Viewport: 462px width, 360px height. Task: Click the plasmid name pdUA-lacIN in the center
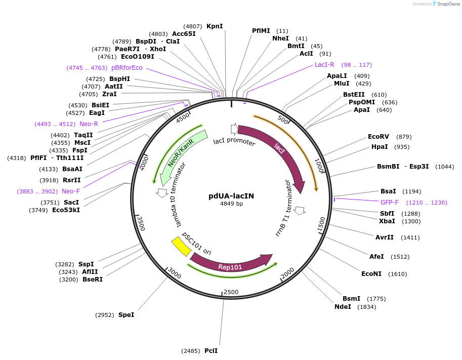pyautogui.click(x=231, y=196)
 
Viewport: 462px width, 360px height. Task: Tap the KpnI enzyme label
pyautogui.click(x=215, y=26)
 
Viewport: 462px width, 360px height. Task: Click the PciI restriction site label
pyautogui.click(x=211, y=350)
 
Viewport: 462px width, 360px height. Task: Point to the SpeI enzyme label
pyautogui.click(x=126, y=315)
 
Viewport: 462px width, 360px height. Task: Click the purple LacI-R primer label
pyautogui.click(x=324, y=65)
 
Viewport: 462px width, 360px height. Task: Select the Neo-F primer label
pyautogui.click(x=71, y=191)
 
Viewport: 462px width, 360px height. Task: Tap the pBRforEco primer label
pyautogui.click(x=127, y=68)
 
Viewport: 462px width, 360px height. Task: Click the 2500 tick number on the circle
pyautogui.click(x=231, y=292)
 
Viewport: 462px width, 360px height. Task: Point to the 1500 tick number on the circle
pyautogui.click(x=321, y=225)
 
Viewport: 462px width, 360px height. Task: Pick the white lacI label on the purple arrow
pyautogui.click(x=279, y=147)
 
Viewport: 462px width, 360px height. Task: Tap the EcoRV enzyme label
pyautogui.click(x=379, y=137)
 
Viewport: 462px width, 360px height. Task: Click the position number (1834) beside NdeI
pyautogui.click(x=366, y=307)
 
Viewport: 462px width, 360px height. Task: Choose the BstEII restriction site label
pyautogui.click(x=354, y=95)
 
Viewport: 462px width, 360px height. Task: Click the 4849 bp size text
pyautogui.click(x=231, y=204)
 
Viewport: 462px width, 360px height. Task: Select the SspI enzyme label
pyautogui.click(x=86, y=264)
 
